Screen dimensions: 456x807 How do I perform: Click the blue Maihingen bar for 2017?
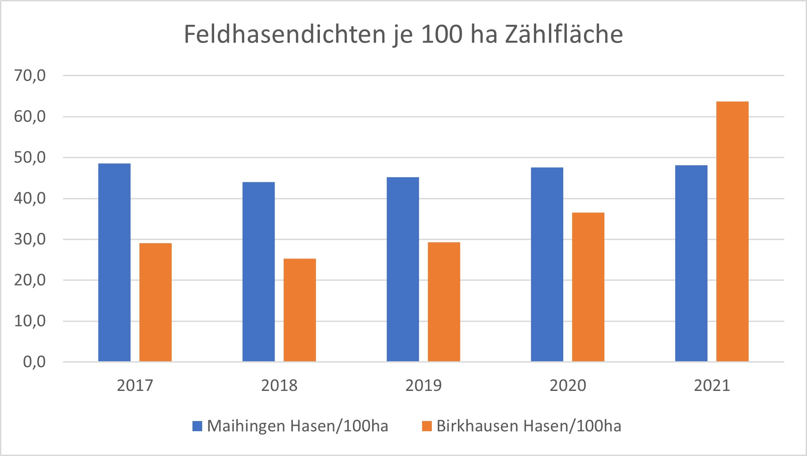coord(114,263)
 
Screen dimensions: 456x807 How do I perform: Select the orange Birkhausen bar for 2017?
coord(155,302)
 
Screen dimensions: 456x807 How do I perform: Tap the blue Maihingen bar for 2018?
coord(258,272)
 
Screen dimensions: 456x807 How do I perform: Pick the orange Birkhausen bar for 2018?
coord(300,310)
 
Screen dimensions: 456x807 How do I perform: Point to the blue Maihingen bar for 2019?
coord(403,269)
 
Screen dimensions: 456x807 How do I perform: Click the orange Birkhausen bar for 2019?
coord(444,302)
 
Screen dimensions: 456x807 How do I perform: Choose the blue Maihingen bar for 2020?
coord(547,264)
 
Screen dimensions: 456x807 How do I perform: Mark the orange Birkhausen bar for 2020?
coord(588,287)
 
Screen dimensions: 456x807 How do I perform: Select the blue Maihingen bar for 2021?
coord(691,263)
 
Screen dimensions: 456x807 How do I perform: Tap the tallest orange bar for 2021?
coord(732,232)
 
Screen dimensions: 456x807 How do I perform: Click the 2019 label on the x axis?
coord(423,386)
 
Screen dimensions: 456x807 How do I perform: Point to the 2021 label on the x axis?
coord(712,386)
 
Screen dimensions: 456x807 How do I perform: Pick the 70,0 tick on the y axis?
coord(30,76)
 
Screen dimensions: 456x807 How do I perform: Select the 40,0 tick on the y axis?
coord(30,198)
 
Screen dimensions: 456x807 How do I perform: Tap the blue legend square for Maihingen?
coord(197,426)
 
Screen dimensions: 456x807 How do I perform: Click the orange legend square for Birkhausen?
coord(427,426)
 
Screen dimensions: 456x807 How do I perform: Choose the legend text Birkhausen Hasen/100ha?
coord(529,426)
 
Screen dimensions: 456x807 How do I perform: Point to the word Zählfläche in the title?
coord(563,35)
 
